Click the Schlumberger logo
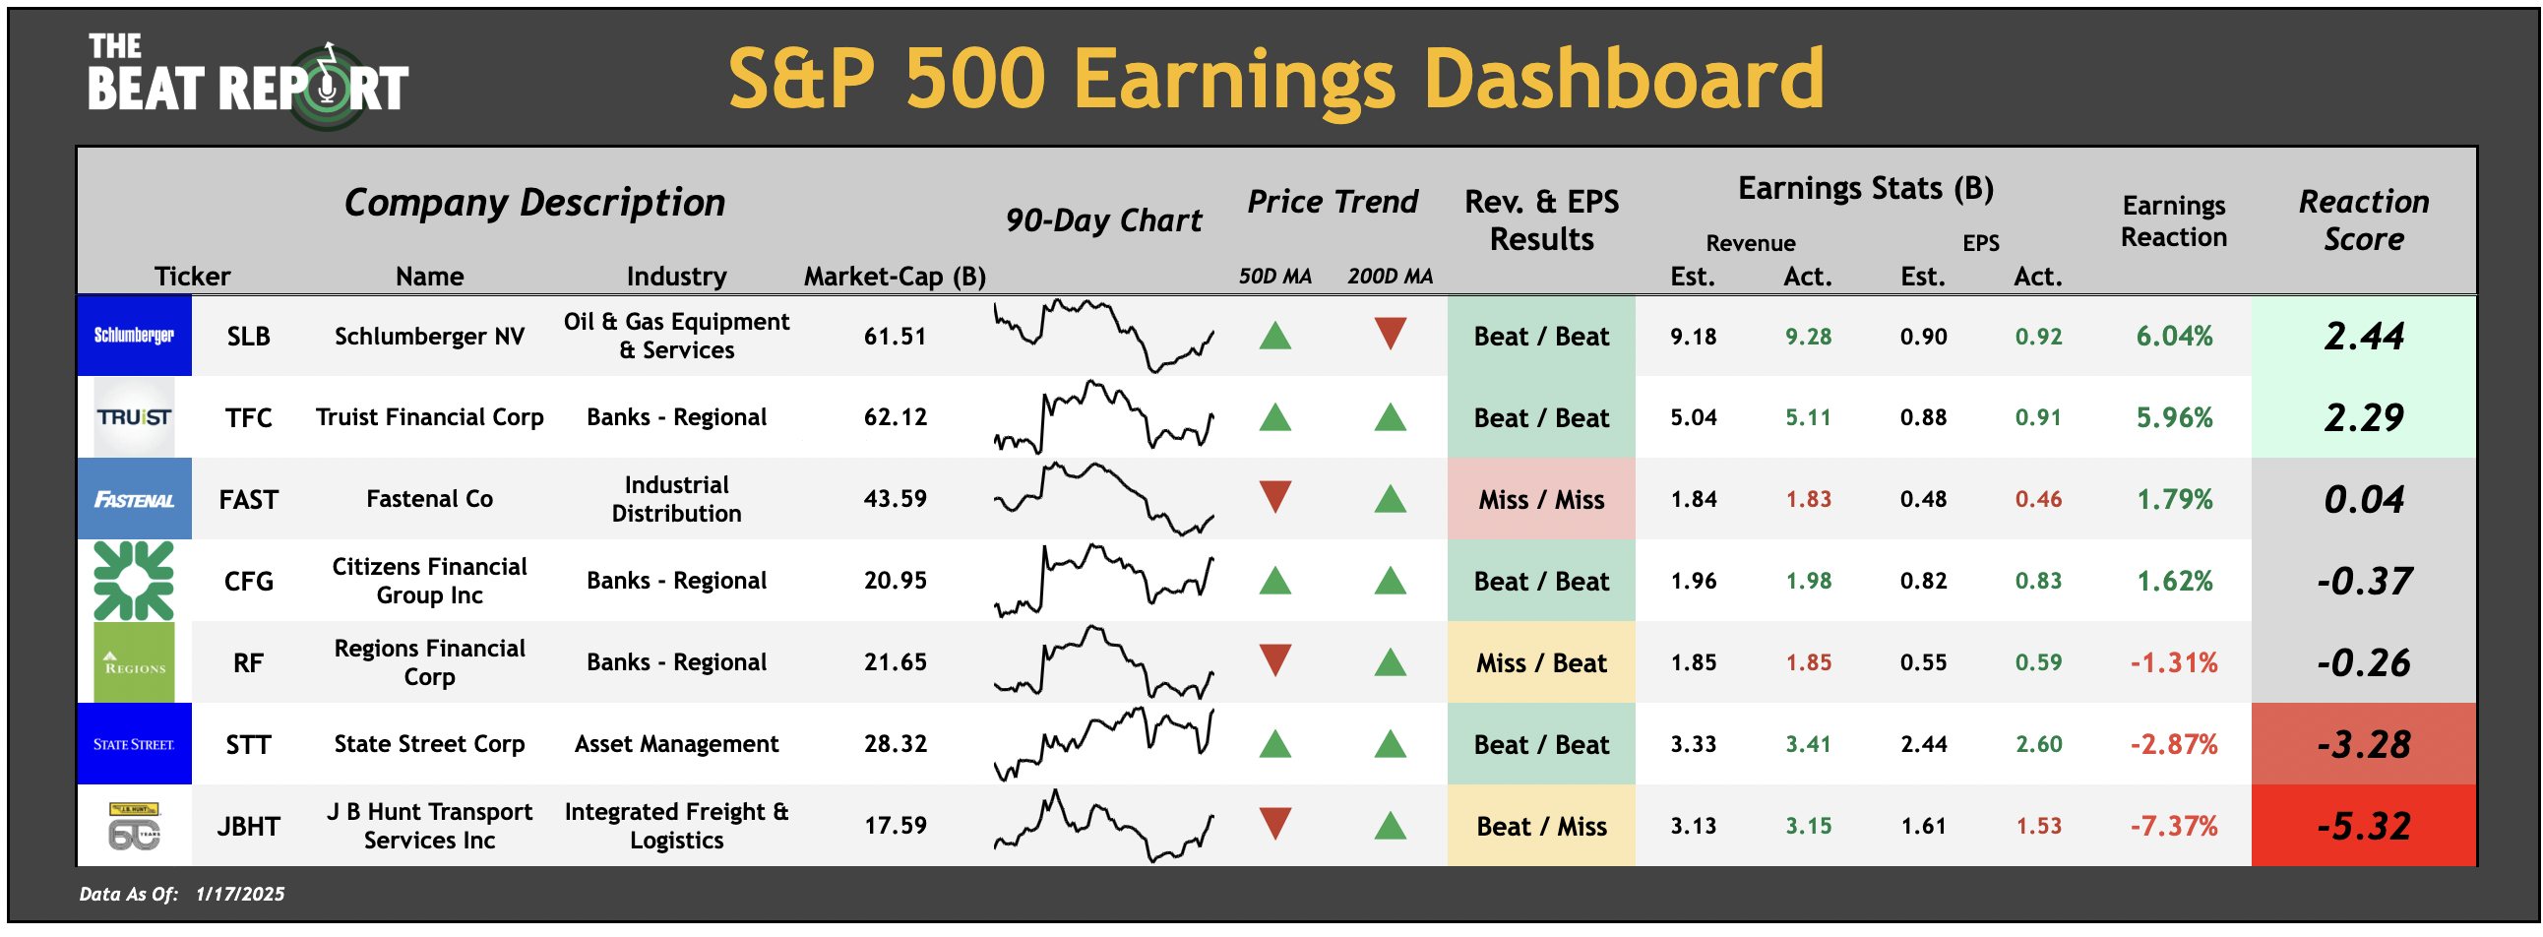click(x=134, y=336)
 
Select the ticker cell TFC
click(x=248, y=417)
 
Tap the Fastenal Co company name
click(x=429, y=500)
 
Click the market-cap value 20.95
click(x=895, y=581)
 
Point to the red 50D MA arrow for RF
click(x=1275, y=660)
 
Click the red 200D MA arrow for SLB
click(x=1390, y=334)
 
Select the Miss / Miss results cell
click(x=1541, y=500)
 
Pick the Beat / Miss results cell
click(x=1541, y=827)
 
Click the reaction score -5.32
click(x=2363, y=827)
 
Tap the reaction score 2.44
click(x=2363, y=337)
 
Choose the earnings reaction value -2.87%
click(x=2174, y=744)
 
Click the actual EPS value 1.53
click(x=2038, y=827)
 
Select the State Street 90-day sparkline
click(x=1103, y=742)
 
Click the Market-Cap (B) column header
click(x=895, y=277)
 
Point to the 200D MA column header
click(x=1390, y=277)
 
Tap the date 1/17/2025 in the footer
click(x=240, y=895)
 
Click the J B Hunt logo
click(x=134, y=827)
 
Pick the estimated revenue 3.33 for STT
click(x=1693, y=744)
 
